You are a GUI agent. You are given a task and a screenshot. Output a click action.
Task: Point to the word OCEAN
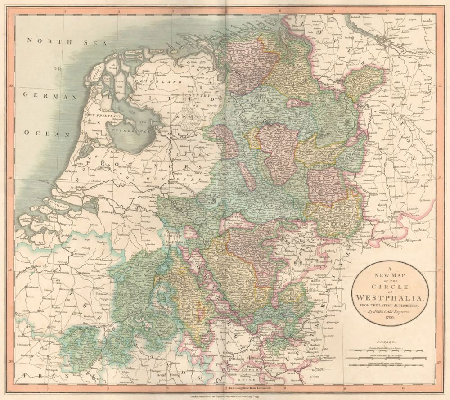pos(47,134)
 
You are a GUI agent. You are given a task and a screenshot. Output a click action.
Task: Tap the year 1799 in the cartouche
pos(389,318)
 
